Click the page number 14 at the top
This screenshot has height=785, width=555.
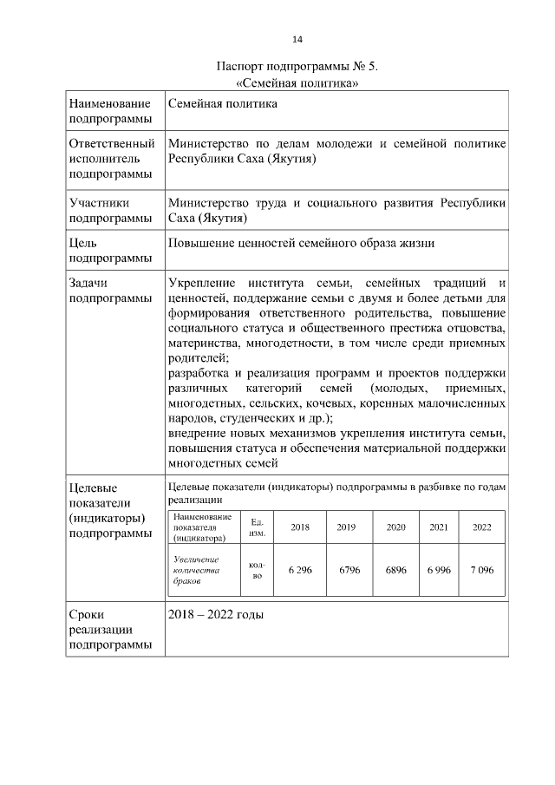[x=297, y=40]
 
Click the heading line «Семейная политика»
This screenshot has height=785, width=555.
[x=297, y=83]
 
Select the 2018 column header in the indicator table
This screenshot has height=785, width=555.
[x=299, y=527]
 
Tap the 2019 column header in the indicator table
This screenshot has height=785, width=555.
[x=347, y=527]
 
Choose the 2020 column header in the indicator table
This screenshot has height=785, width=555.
[x=395, y=527]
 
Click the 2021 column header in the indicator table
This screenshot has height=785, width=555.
[x=439, y=527]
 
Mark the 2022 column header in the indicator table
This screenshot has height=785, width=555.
[x=481, y=527]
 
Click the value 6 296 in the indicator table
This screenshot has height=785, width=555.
[x=299, y=570]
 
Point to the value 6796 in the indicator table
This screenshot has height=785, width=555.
[x=349, y=570]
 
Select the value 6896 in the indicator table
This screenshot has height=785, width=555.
[x=396, y=570]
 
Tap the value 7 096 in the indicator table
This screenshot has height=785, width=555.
[x=481, y=570]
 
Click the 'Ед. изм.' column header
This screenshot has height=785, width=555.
[x=257, y=527]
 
